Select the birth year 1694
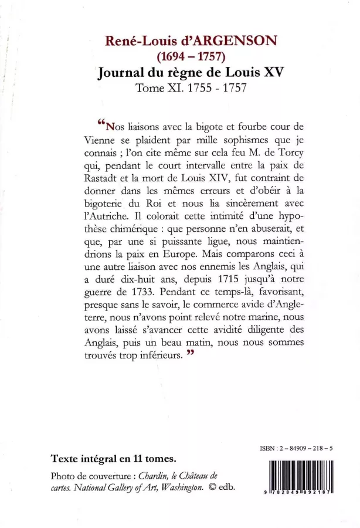(174, 57)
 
